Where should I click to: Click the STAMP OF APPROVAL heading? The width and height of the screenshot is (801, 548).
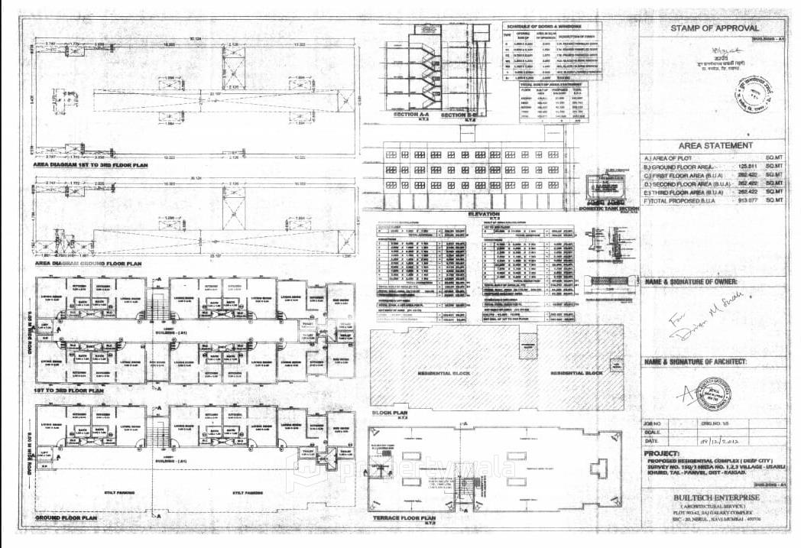[x=710, y=28]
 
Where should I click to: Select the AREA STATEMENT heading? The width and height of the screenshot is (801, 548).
[x=715, y=145]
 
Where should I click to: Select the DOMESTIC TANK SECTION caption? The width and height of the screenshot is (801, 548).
[x=608, y=208]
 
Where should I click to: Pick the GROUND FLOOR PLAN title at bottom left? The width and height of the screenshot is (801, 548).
[x=66, y=517]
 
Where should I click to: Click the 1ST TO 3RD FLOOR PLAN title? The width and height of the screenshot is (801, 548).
[x=69, y=390]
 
